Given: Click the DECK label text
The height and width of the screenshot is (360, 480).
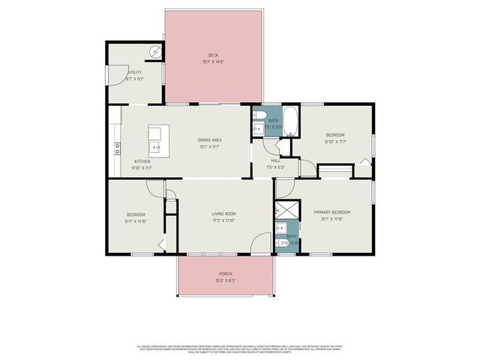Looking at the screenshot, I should [213, 55].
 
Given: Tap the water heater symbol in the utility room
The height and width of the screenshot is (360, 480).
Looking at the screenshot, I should [155, 51].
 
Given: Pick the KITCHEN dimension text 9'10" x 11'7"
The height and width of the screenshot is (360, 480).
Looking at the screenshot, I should [142, 168].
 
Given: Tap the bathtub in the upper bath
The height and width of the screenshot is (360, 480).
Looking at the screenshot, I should [291, 121].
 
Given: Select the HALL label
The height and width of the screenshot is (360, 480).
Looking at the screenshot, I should [275, 160].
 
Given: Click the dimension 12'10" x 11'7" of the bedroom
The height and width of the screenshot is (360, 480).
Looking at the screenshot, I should [334, 141].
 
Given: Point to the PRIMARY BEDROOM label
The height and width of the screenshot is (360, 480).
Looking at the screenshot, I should [332, 212].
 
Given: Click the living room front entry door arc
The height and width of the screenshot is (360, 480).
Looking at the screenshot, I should [260, 244].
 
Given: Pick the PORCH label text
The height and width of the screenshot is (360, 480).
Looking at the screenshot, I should [225, 274].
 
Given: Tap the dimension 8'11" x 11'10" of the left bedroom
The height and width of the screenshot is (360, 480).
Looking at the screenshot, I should [135, 221].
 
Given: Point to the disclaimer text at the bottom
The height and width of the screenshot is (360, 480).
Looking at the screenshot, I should [240, 349].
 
